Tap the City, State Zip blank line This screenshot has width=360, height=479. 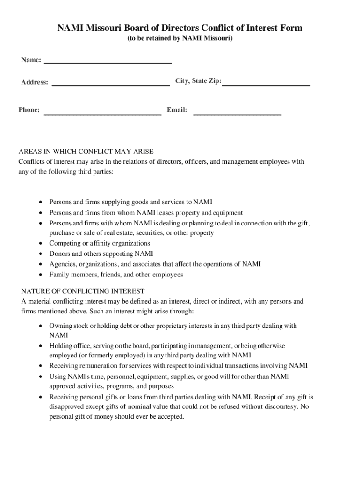(x=266, y=84)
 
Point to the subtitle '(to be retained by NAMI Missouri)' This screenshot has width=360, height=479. (x=180, y=39)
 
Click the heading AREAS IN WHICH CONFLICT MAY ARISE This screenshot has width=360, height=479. (x=86, y=152)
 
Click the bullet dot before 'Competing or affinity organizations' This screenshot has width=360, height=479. (x=42, y=243)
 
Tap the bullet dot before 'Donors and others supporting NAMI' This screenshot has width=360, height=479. (x=42, y=254)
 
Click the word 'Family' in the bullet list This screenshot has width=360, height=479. (x=59, y=275)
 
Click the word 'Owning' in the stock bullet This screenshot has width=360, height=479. (x=60, y=325)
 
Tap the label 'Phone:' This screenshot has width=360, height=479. (x=29, y=110)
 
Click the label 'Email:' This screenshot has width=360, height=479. (x=177, y=110)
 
